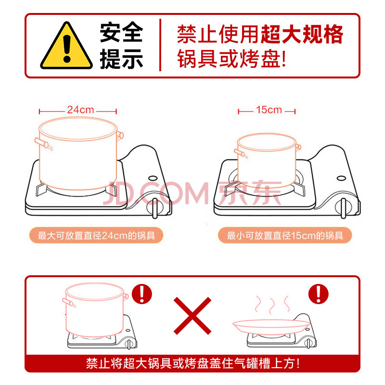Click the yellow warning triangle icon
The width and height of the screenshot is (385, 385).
pos(66,47)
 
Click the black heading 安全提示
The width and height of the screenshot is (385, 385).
pos(121,45)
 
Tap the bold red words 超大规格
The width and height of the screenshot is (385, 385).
pos(302,34)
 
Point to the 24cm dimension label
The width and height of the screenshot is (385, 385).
pos(80,110)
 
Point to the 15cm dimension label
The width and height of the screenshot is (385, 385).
pos(269,110)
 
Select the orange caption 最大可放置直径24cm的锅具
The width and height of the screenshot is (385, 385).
pos(96,235)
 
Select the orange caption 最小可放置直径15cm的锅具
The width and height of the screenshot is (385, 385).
pos(285,235)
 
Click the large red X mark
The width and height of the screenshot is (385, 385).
pos(192,316)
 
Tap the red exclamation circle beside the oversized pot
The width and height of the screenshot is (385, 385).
pos(142,294)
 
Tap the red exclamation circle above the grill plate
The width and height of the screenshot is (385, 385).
pos(319,294)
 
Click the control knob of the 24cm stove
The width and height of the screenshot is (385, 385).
pos(154,208)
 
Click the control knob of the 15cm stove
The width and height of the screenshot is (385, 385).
pos(343,208)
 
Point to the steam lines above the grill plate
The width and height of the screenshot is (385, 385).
pos(272,305)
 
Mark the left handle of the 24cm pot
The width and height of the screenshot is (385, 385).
pos(43,143)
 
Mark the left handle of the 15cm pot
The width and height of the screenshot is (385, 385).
pos(241,153)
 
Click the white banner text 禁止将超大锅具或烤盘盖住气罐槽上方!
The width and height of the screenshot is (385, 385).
pos(193,363)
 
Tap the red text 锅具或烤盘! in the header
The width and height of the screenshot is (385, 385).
pos(231,58)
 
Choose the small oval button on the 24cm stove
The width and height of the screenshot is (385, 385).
pos(153,178)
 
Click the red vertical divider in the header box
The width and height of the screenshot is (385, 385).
pos(160,45)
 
